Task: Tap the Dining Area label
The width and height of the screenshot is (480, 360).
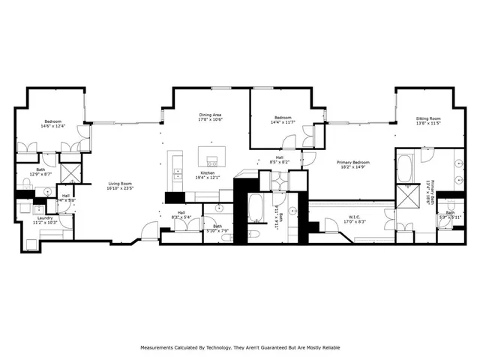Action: pyautogui.click(x=209, y=115)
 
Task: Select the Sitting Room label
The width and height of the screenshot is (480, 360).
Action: pyautogui.click(x=428, y=118)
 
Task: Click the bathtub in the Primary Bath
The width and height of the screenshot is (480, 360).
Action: pyautogui.click(x=406, y=166)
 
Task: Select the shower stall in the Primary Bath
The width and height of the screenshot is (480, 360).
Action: pyautogui.click(x=410, y=197)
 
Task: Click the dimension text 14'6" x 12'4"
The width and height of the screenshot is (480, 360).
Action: pyautogui.click(x=52, y=125)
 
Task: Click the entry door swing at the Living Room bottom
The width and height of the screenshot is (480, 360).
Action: pyautogui.click(x=150, y=232)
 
